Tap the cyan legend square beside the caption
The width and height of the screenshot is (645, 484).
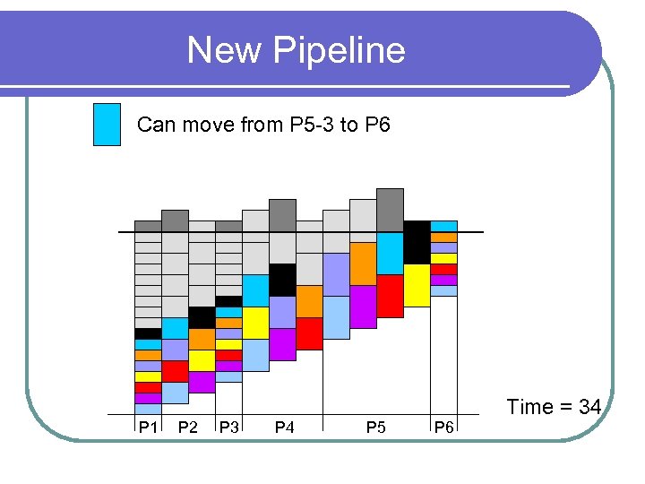[107, 124]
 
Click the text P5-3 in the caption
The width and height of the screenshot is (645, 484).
[313, 125]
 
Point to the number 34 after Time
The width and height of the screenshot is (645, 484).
[589, 407]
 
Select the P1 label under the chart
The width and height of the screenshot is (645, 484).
[148, 428]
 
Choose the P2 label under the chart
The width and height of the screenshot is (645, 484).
[188, 428]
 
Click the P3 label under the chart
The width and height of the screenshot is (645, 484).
[229, 428]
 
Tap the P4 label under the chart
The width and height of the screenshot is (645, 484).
[284, 428]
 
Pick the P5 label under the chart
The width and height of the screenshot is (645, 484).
[376, 428]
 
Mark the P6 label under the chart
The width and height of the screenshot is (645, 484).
[443, 428]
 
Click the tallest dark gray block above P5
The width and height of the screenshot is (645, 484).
[390, 210]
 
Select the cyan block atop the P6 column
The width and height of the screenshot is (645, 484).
[443, 227]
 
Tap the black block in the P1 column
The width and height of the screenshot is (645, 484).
[148, 333]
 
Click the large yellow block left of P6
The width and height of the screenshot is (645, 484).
[417, 285]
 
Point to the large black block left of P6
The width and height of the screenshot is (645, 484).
[417, 242]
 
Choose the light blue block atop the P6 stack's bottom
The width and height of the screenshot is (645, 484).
[443, 290]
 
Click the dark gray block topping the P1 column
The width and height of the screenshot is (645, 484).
[148, 226]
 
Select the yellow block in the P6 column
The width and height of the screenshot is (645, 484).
[443, 258]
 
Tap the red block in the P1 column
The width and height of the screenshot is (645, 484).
[148, 387]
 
